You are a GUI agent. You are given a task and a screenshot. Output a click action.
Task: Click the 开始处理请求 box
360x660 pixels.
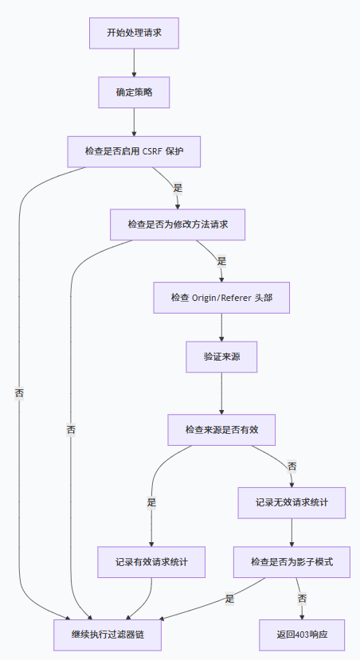(134, 33)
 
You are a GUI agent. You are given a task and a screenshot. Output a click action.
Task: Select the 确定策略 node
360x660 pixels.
(134, 92)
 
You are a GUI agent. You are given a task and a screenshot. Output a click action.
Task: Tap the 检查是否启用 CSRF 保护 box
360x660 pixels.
(134, 151)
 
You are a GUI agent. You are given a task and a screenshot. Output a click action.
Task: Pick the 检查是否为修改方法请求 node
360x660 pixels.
(178, 225)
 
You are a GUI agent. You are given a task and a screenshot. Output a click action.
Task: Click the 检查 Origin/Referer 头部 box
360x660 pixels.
(221, 298)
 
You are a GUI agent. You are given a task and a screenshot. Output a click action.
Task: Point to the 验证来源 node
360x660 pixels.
(221, 357)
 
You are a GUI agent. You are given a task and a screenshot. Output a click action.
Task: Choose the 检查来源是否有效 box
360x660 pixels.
(221, 430)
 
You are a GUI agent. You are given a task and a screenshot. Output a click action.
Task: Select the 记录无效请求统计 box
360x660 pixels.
(292, 502)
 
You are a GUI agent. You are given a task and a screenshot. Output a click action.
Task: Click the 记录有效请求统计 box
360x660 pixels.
(151, 562)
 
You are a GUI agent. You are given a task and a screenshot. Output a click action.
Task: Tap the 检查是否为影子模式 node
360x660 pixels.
(292, 562)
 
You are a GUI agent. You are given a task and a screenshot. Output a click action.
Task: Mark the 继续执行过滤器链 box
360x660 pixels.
(108, 635)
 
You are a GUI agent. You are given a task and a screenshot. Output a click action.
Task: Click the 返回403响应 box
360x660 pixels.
(302, 635)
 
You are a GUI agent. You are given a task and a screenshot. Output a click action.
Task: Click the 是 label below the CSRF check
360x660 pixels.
(178, 188)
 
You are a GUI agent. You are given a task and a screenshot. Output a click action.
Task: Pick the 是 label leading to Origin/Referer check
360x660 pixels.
(221, 261)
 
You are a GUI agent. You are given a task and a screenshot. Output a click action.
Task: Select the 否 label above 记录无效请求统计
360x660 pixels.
(292, 466)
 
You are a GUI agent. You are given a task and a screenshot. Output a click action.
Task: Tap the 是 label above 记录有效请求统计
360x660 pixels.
(151, 502)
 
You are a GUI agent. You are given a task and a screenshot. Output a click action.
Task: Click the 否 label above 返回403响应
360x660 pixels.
(302, 599)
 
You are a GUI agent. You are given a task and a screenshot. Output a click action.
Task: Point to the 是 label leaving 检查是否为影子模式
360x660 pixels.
(229, 599)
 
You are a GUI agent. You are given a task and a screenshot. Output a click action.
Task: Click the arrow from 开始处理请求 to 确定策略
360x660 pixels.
(134, 63)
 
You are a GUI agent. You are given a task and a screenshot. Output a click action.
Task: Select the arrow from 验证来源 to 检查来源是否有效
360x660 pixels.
(221, 393)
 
